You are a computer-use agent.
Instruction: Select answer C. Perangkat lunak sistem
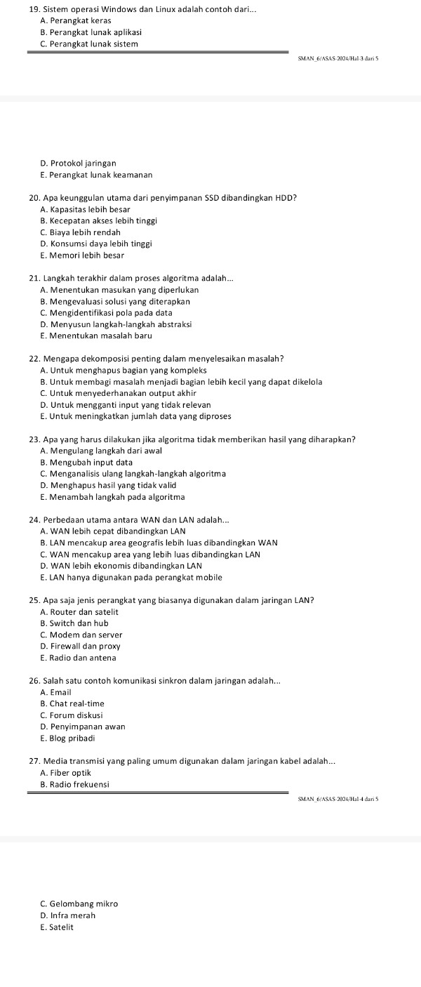pyautogui.click(x=89, y=44)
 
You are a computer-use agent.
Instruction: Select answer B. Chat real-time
pyautogui.click(x=72, y=703)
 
